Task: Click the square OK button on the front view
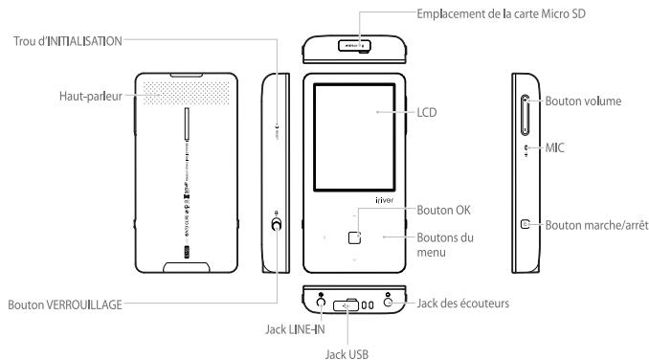pos(354,235)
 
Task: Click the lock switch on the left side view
pos(277,225)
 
